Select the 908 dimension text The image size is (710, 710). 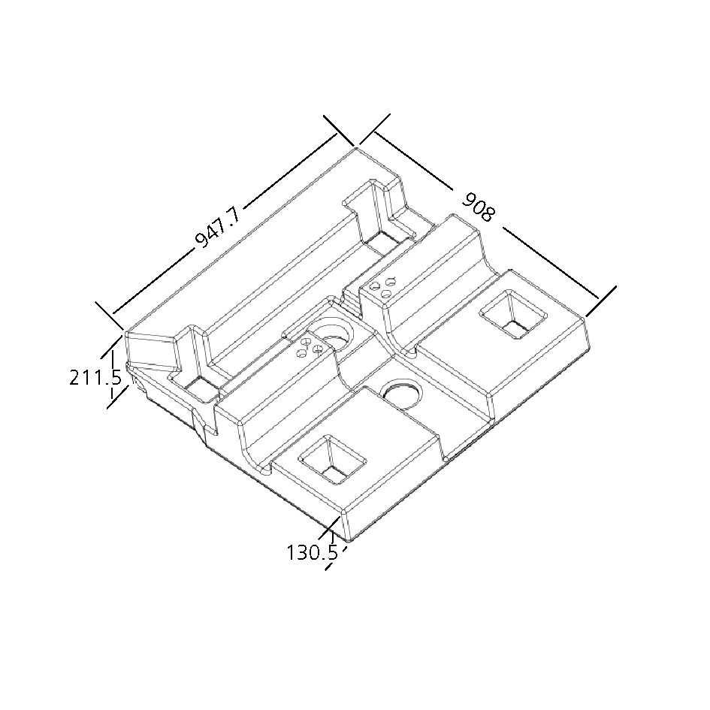(x=478, y=207)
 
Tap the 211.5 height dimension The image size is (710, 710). (x=95, y=378)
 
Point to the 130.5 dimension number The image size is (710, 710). (x=313, y=552)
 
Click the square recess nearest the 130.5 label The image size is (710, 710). (x=332, y=460)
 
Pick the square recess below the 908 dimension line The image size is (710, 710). (x=513, y=315)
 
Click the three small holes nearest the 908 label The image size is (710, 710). (x=382, y=288)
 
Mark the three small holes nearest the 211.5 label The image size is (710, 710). (x=310, y=347)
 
